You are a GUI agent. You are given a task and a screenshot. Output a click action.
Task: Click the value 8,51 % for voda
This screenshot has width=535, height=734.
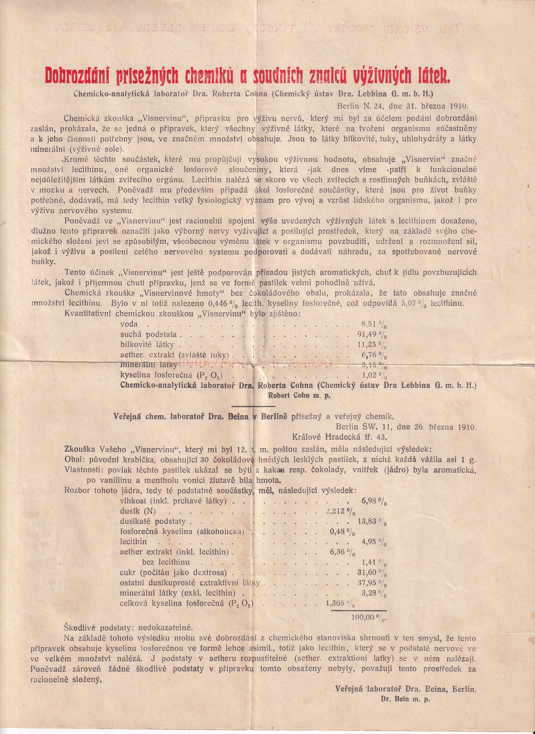coord(374,324)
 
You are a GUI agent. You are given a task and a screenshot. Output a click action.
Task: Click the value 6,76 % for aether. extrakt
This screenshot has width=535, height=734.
coord(374,355)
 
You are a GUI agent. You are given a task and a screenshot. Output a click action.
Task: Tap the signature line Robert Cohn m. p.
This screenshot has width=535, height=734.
coord(299,395)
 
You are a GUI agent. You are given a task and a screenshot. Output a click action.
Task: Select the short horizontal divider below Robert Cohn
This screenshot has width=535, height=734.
coord(254,406)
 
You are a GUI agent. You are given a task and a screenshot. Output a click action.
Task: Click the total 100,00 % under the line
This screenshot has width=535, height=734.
coord(369,617)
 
